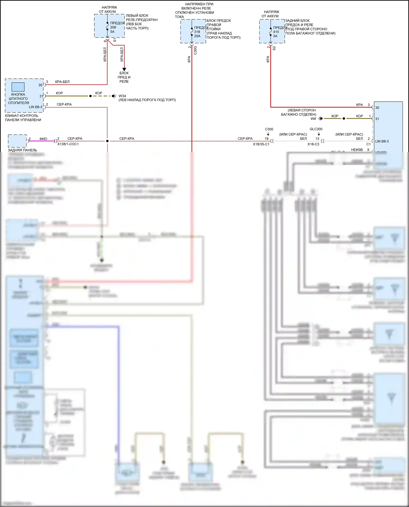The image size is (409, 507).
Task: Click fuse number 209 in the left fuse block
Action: pyautogui.click(x=113, y=27)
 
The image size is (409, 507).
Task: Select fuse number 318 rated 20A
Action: pyautogui.click(x=197, y=32)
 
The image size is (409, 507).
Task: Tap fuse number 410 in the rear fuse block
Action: pyautogui.click(x=276, y=32)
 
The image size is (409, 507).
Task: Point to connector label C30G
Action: pyautogui.click(x=195, y=50)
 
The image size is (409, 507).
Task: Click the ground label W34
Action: pyautogui.click(x=122, y=96)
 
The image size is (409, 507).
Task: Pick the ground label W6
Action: pyautogui.click(x=313, y=119)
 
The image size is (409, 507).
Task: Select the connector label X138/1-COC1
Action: pyautogui.click(x=68, y=144)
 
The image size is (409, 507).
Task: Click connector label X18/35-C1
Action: pyautogui.click(x=261, y=144)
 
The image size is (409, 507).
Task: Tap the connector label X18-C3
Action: pyautogui.click(x=313, y=144)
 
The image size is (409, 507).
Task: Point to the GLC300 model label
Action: pyautogui.click(x=316, y=129)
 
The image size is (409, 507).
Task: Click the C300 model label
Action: pyautogui.click(x=269, y=129)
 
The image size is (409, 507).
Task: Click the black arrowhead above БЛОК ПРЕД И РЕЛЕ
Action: pyautogui.click(x=124, y=69)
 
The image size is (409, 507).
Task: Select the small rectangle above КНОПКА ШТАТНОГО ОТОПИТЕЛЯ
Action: pyautogui.click(x=18, y=87)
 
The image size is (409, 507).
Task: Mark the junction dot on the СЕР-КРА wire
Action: pyautogui.click(x=107, y=141)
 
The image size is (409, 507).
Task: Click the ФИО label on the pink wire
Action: pyautogui.click(x=43, y=139)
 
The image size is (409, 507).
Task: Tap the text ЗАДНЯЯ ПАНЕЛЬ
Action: pyautogui.click(x=22, y=150)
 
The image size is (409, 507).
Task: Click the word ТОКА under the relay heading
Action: pyautogui.click(x=179, y=17)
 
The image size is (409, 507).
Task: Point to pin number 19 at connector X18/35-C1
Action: pyautogui.click(x=266, y=138)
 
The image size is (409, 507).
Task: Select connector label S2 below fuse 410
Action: pyautogui.click(x=274, y=48)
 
